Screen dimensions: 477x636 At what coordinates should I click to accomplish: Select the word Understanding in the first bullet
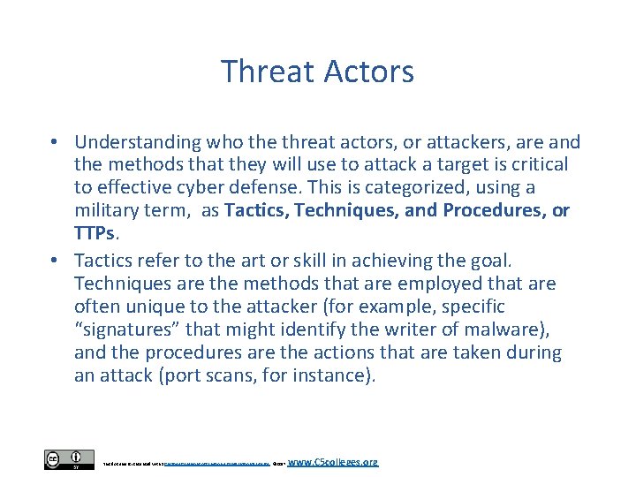click(137, 142)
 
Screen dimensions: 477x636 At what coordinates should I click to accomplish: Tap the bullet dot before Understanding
click(55, 142)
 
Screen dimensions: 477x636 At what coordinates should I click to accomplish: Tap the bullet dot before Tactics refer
click(55, 261)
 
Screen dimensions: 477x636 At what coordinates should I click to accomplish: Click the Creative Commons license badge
click(68, 459)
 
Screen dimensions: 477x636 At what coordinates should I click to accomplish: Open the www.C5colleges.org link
click(333, 461)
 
